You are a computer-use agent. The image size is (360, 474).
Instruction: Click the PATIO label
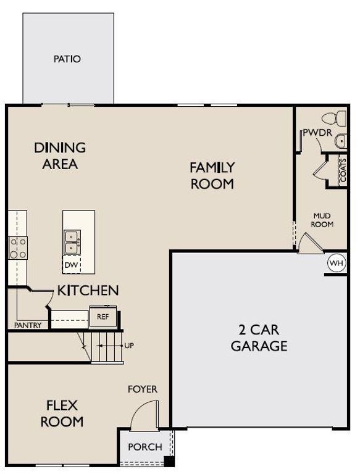67,59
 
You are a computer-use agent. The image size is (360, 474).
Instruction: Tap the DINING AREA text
60,156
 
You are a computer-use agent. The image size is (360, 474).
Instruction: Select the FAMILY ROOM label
212,175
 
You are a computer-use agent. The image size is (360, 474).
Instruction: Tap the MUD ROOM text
322,220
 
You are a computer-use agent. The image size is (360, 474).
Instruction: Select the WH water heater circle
337,264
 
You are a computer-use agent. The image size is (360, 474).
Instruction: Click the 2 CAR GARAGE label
259,337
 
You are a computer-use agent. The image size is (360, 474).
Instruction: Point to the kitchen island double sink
72,242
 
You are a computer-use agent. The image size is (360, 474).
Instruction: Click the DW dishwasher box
71,265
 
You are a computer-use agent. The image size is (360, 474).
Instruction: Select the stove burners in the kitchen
17,247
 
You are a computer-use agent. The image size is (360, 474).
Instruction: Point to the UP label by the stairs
129,346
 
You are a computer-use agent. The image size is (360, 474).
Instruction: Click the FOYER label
142,389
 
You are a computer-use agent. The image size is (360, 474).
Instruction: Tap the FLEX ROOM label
62,414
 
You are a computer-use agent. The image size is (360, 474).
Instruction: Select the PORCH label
144,447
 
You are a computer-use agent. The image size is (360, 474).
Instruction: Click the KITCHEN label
88,290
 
